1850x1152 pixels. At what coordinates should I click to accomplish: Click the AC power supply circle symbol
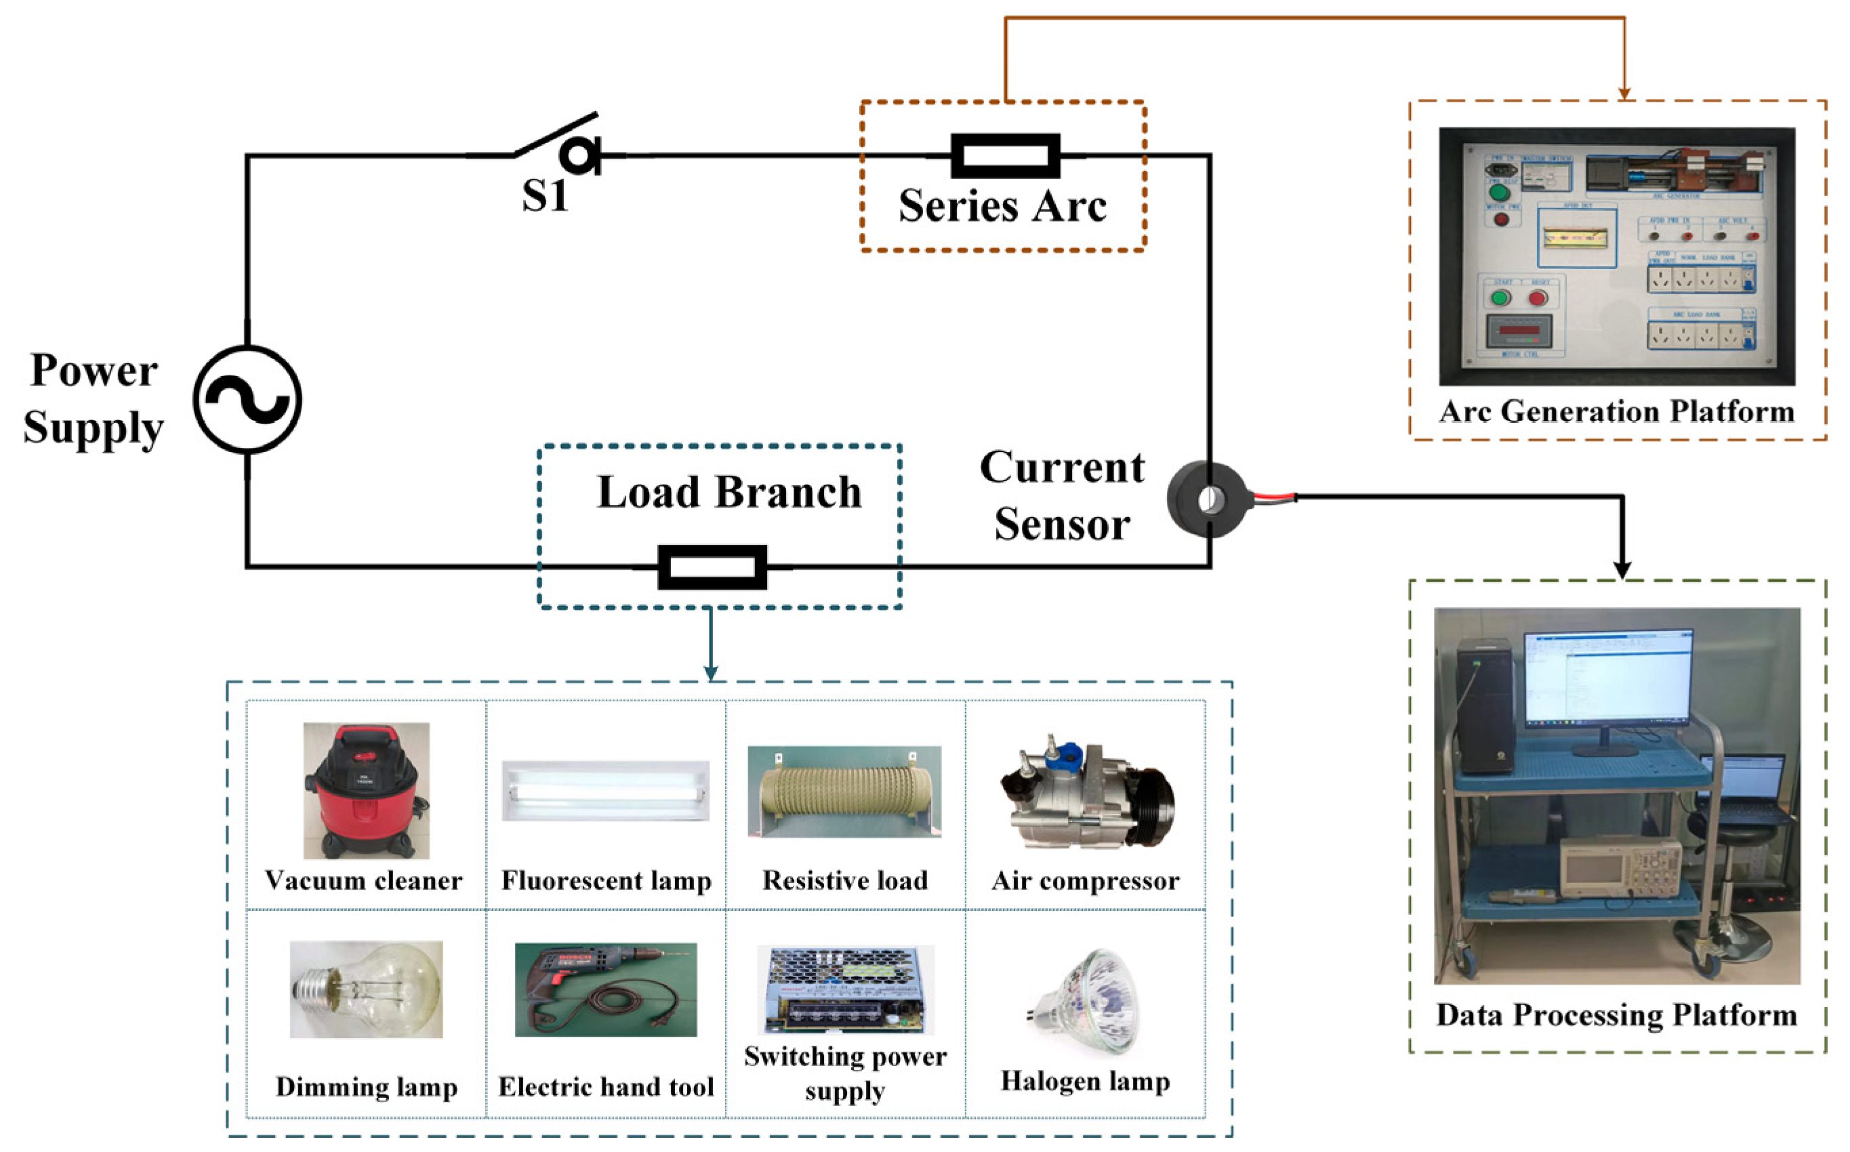pyautogui.click(x=247, y=399)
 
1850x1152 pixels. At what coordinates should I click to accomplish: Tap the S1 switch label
pyautogui.click(x=545, y=195)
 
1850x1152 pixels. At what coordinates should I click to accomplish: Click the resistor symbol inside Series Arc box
pyautogui.click(x=1005, y=155)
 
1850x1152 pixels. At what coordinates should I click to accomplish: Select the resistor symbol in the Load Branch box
pyautogui.click(x=712, y=567)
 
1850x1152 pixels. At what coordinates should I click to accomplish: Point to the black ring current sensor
pyautogui.click(x=1208, y=500)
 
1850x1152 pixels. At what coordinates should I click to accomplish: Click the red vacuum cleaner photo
pyautogui.click(x=366, y=790)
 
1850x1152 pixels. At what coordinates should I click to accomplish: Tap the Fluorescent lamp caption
pyautogui.click(x=606, y=881)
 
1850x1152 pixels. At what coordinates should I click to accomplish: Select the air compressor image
pyautogui.click(x=1086, y=796)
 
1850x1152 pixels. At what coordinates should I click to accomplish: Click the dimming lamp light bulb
pyautogui.click(x=366, y=989)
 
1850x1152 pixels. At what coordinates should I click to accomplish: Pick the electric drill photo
pyautogui.click(x=606, y=989)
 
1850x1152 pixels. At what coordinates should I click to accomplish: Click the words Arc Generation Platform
pyautogui.click(x=1616, y=412)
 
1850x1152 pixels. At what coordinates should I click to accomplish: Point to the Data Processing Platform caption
pyautogui.click(x=1616, y=1016)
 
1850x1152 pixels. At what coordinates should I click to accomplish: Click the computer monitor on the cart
pyautogui.click(x=1607, y=678)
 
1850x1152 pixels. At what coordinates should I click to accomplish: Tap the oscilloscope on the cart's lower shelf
pyautogui.click(x=1620, y=868)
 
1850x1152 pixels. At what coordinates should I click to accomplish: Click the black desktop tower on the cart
pyautogui.click(x=1484, y=705)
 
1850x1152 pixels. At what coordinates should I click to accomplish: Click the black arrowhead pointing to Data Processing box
pyautogui.click(x=1623, y=570)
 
